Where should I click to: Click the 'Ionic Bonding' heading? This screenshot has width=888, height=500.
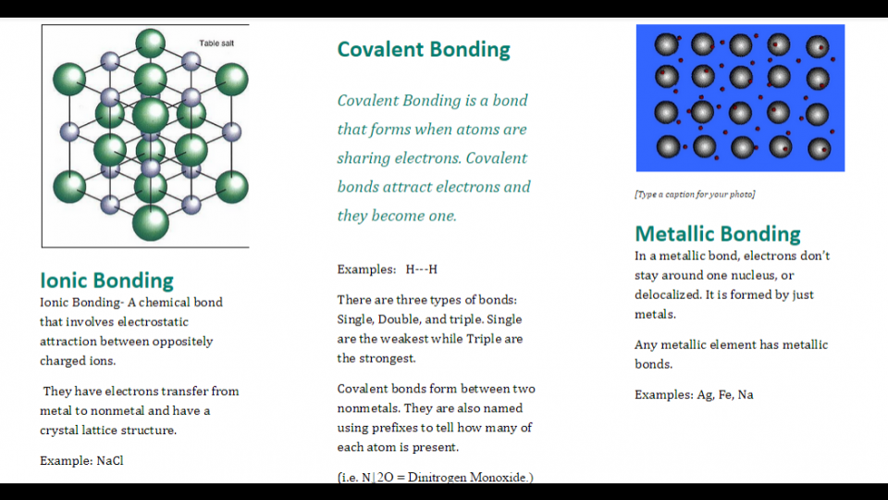[106, 280]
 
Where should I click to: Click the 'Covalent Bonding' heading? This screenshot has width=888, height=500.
[423, 49]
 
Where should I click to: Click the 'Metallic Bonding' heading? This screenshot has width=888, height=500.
[717, 233]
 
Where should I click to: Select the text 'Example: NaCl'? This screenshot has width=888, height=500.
[81, 460]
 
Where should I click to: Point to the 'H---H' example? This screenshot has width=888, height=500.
[421, 269]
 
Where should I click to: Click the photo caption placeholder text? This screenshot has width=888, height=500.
[694, 194]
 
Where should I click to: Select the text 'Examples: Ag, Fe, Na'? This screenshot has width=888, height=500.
[693, 394]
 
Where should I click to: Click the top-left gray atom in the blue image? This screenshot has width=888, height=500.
[667, 44]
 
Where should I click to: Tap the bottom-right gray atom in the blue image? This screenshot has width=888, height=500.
[819, 148]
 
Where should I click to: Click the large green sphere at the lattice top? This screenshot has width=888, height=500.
[151, 44]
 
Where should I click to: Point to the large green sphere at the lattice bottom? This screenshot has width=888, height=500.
[151, 222]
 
